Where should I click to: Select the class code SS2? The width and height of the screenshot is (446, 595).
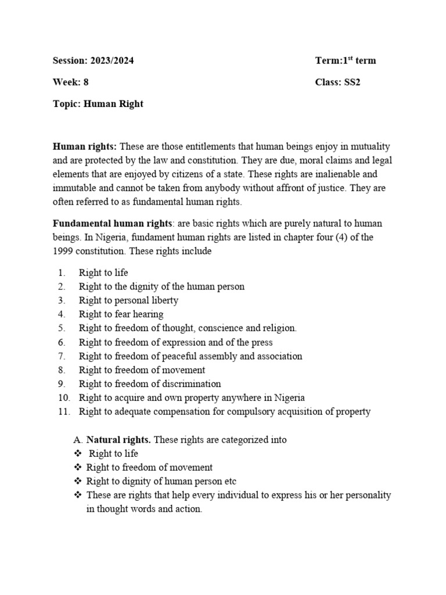[352, 83]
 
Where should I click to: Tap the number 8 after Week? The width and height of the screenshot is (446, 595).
[86, 83]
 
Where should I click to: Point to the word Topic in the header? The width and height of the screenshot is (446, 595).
[67, 104]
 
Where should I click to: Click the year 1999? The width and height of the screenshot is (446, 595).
[64, 252]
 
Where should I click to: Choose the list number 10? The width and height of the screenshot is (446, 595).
[64, 398]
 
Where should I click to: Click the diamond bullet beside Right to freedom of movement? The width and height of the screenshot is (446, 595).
[78, 468]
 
